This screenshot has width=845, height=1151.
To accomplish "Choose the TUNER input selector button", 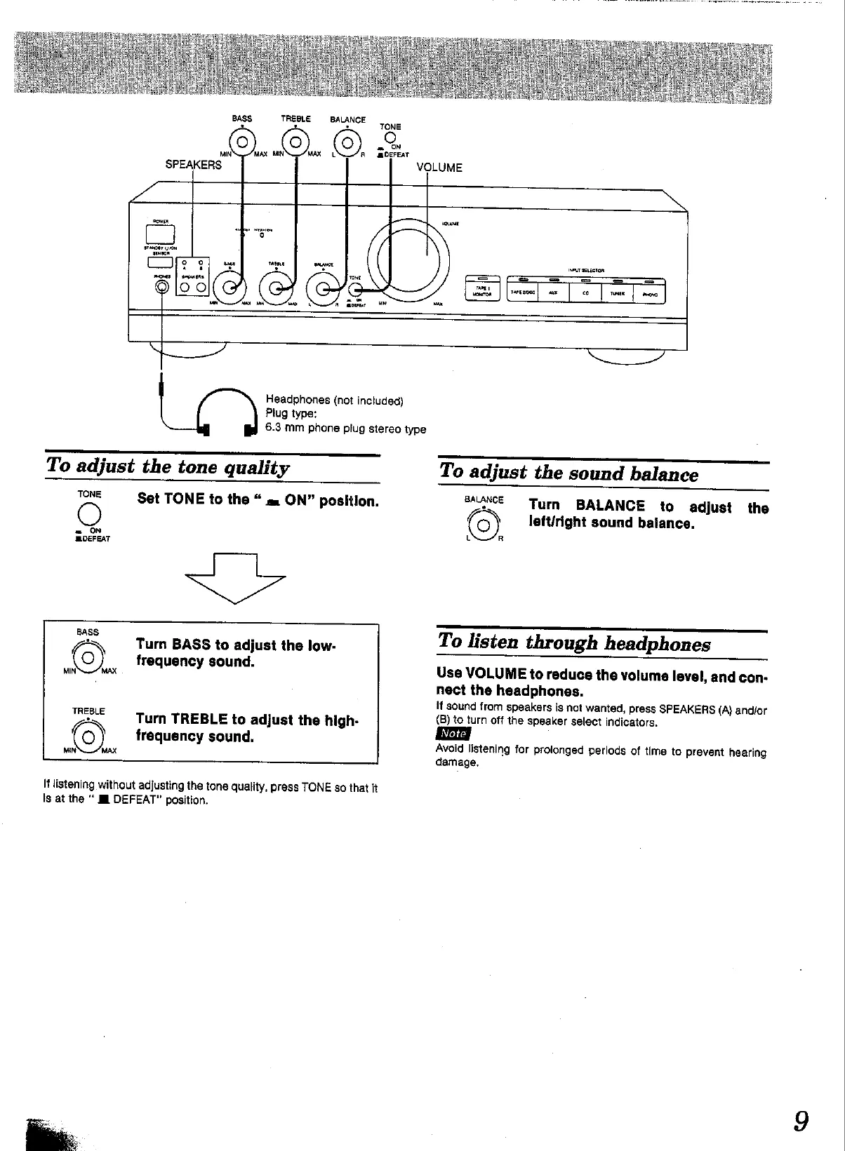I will (x=617, y=292).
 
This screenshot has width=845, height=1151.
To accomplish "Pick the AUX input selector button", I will (x=553, y=292).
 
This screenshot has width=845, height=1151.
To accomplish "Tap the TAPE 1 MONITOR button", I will (x=483, y=290).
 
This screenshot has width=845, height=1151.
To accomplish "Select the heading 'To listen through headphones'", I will (x=573, y=642).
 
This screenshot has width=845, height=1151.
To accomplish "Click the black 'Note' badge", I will (x=452, y=734).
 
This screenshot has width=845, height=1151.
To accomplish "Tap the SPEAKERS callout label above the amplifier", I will (x=193, y=166).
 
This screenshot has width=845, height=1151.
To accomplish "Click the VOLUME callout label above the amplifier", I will (x=439, y=168).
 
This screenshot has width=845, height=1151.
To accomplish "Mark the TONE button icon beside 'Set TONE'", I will (x=91, y=513).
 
